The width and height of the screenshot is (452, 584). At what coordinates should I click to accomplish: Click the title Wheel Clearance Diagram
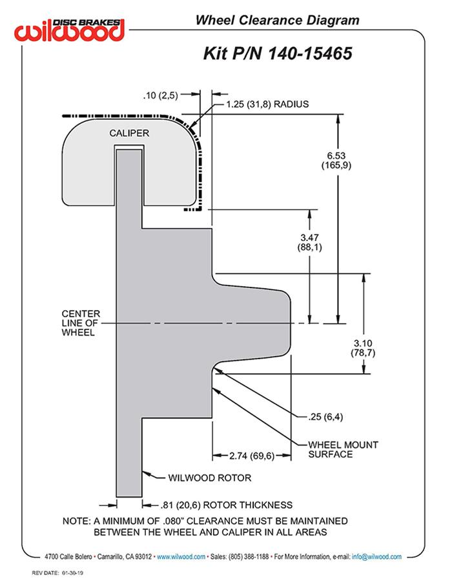277,21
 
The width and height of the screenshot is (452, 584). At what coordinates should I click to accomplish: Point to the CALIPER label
129,133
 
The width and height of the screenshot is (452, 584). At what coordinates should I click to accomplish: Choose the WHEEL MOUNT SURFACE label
343,449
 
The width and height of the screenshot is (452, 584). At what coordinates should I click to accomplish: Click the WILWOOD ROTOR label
209,478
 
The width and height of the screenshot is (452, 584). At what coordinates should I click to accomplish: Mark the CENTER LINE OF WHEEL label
81,323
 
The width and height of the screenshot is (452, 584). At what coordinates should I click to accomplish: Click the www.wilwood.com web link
181,556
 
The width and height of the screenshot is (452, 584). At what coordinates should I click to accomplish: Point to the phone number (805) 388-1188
249,556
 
